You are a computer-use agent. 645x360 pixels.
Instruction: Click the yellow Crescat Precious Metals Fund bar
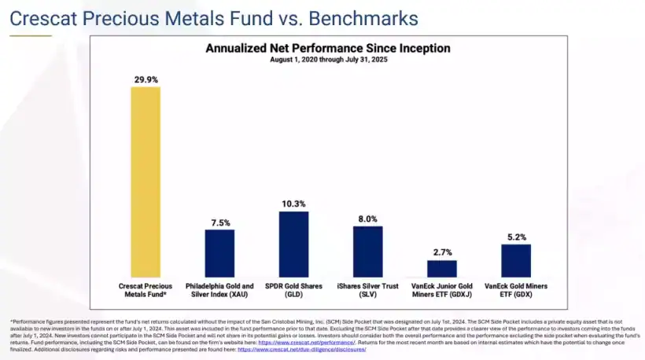[x=146, y=181]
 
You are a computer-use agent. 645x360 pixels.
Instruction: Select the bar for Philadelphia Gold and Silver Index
[x=219, y=252]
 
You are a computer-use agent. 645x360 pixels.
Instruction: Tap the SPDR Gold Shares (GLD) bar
[x=293, y=244]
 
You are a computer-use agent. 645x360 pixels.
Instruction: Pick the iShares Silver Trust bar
[x=367, y=251]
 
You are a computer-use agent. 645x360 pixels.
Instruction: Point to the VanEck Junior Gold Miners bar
[x=441, y=268]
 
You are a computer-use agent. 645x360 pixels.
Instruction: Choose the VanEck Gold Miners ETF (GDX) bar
[x=516, y=260]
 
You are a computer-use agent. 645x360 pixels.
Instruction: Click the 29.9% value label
[x=146, y=79]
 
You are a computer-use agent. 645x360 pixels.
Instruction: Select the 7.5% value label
[x=219, y=222]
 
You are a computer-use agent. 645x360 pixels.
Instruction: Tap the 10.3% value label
[x=293, y=204]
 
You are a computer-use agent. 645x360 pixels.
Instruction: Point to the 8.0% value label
[x=367, y=219]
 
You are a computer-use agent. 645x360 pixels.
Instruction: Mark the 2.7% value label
[x=441, y=253]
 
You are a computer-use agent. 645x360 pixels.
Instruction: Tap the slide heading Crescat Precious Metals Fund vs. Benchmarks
[x=214, y=17]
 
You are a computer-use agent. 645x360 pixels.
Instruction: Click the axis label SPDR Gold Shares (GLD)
[x=293, y=290]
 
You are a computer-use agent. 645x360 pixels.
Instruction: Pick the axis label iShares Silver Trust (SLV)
[x=367, y=290]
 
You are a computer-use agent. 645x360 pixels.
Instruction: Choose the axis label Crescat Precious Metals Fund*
[x=146, y=290]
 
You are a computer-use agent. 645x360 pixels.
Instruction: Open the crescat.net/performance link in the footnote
[x=311, y=343]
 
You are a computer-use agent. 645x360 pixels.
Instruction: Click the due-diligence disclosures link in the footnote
[x=301, y=349]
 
